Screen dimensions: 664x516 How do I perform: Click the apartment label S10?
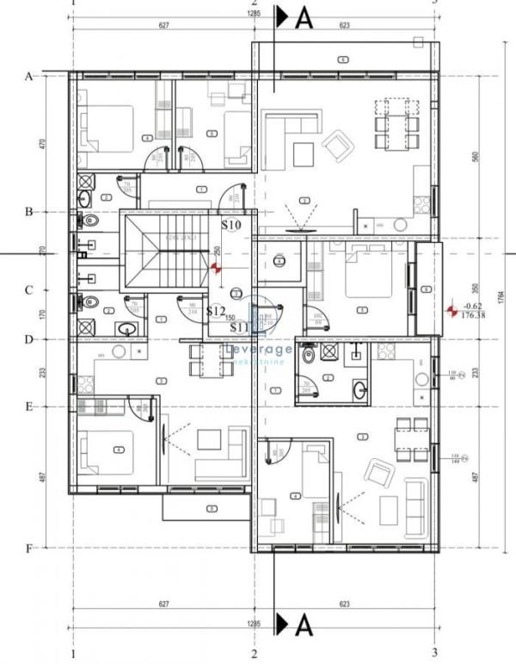pos(231,225)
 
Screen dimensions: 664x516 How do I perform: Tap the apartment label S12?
pos(216,311)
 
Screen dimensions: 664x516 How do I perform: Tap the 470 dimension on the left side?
pos(42,144)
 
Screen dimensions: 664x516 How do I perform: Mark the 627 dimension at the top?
pos(163,26)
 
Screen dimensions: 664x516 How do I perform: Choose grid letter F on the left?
pos(29,548)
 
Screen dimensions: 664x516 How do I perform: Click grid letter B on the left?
pos(29,211)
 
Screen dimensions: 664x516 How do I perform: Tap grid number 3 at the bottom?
pos(434,652)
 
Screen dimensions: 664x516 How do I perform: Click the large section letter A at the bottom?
pos(303,624)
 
